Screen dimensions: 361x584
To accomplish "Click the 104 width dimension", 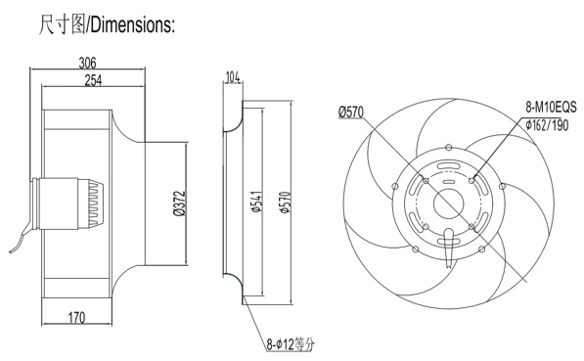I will [233, 76].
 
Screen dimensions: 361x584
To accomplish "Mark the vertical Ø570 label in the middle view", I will [285, 201].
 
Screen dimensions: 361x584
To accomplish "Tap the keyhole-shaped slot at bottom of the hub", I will [450, 236].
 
